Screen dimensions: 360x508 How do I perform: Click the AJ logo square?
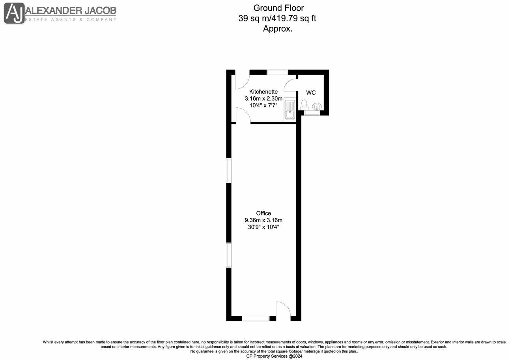(14, 13)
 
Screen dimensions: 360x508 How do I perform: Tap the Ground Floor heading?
(278, 7)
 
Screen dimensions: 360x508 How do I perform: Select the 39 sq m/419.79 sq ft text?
(277, 18)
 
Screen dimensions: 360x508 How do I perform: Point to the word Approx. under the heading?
(278, 28)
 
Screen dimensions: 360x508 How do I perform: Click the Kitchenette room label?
(263, 92)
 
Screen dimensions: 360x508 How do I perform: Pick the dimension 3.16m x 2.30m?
(263, 99)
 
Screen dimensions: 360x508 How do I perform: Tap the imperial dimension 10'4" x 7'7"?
(263, 105)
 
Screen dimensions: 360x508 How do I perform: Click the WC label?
(311, 93)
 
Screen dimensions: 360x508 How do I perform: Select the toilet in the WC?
(304, 105)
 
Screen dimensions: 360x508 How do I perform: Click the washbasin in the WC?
(317, 106)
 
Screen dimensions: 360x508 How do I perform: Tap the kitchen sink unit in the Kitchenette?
(289, 109)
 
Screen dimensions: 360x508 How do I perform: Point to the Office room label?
(263, 213)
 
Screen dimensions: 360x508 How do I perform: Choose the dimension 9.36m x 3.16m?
(263, 220)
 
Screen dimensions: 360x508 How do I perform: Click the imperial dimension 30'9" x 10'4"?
(263, 227)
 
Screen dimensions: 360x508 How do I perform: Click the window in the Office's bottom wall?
(256, 318)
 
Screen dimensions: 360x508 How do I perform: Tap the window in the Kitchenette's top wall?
(277, 72)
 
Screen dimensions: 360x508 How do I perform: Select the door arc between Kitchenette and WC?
(290, 84)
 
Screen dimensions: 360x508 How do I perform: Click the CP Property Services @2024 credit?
(274, 356)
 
